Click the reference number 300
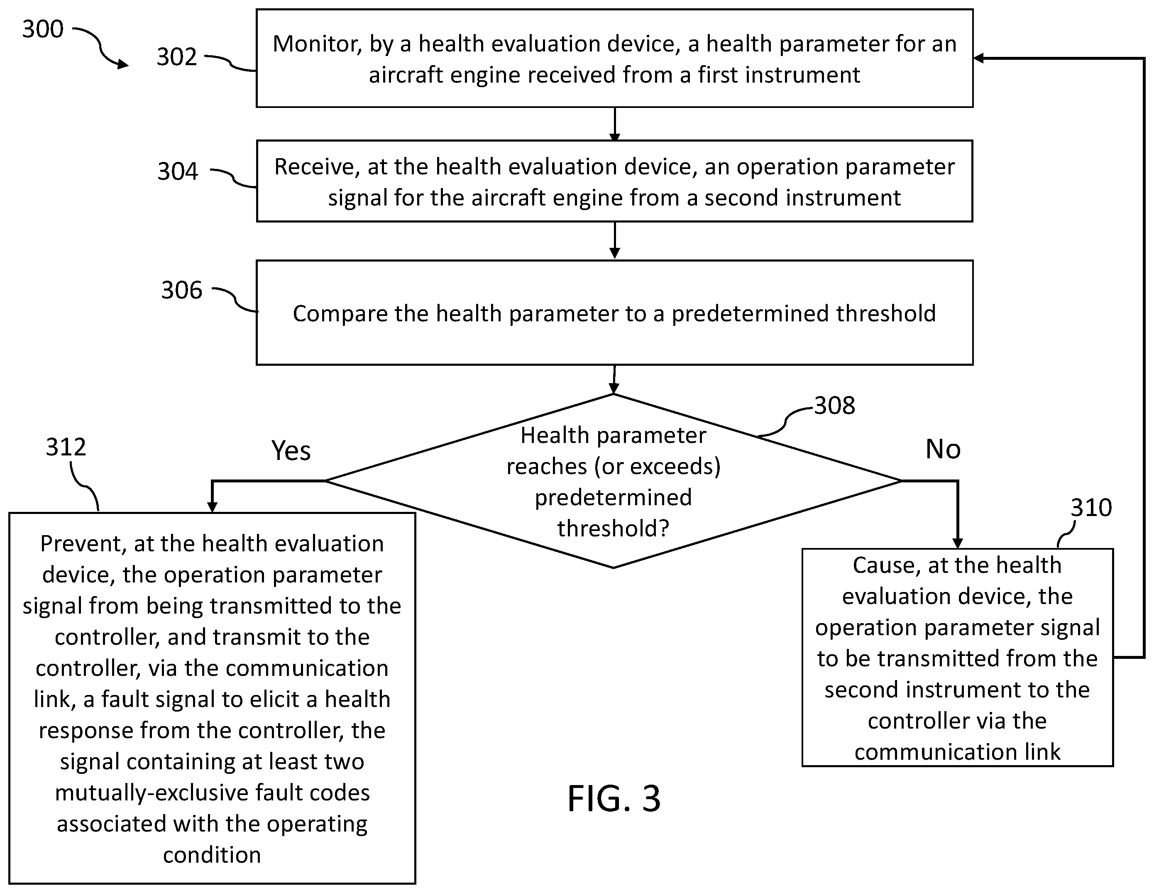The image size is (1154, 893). click(x=43, y=29)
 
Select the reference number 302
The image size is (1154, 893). click(x=176, y=56)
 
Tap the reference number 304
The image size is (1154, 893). click(x=178, y=171)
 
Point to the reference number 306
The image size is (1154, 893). click(x=182, y=290)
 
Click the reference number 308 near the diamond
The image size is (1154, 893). click(x=834, y=406)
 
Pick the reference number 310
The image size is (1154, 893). click(x=1091, y=508)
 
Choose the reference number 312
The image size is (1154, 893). click(x=66, y=447)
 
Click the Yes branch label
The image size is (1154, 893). click(x=291, y=451)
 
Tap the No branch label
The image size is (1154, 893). click(x=943, y=449)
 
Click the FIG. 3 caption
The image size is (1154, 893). click(x=614, y=798)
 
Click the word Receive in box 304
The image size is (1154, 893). click(x=317, y=167)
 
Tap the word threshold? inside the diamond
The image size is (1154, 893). click(x=614, y=528)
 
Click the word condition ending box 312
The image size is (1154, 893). click(x=212, y=855)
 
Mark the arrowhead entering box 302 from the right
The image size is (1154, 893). click(x=978, y=58)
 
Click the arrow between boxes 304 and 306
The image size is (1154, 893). click(x=614, y=240)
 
